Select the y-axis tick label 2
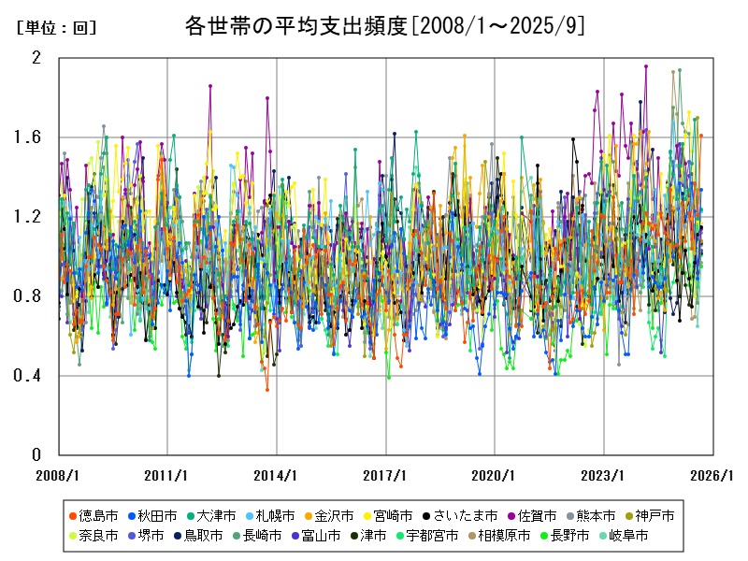tap(37, 58)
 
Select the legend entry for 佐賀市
tap(537, 515)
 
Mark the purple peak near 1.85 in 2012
tap(210, 85)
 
